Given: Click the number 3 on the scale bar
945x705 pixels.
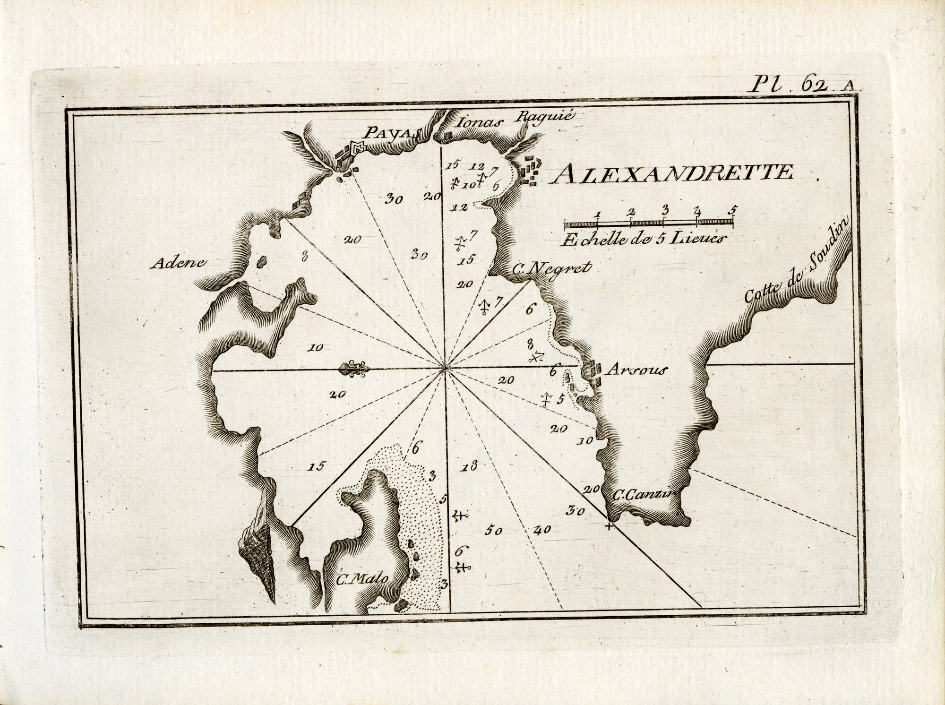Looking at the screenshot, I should (x=665, y=209).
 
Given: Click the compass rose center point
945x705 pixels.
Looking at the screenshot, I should (x=445, y=369).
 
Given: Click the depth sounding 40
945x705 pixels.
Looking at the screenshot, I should (x=542, y=530).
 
